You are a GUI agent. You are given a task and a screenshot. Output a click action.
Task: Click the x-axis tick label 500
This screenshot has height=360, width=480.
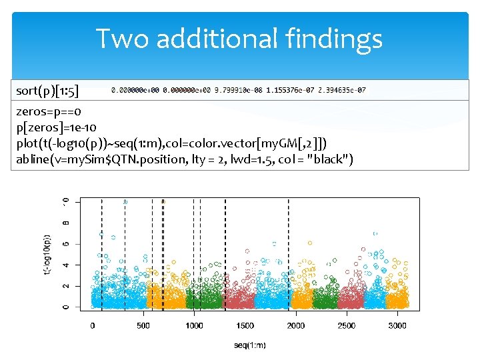[143, 325]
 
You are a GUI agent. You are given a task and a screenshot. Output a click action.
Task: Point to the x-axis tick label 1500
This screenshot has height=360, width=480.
[245, 325]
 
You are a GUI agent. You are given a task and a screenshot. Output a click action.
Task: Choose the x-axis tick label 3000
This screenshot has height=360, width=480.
[397, 325]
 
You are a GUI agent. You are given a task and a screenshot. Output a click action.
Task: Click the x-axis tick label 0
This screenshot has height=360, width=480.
[93, 325]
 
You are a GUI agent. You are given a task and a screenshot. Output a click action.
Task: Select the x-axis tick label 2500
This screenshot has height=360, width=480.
[346, 325]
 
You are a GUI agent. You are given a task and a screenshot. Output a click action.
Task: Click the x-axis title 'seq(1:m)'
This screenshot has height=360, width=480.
[250, 345]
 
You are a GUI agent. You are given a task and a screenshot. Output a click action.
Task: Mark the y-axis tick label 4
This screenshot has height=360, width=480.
[65, 265]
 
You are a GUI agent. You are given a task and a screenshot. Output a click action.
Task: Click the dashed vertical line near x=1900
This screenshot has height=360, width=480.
[289, 253]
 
